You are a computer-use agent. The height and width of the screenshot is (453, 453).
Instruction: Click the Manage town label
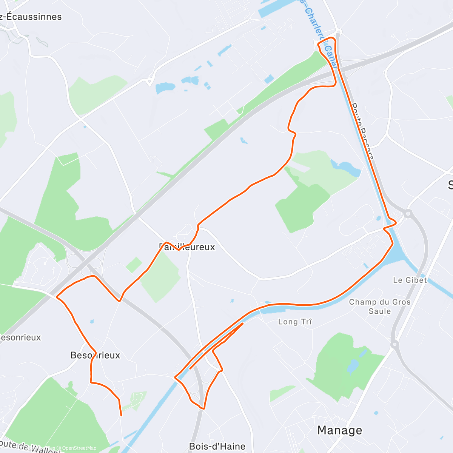click(x=339, y=430)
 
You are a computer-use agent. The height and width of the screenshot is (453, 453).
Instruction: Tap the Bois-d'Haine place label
click(x=217, y=447)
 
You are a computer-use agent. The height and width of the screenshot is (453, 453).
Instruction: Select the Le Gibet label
click(x=410, y=280)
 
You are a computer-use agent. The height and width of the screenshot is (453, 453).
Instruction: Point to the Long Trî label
click(x=295, y=322)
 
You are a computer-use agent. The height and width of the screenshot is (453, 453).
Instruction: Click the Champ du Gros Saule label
click(x=380, y=307)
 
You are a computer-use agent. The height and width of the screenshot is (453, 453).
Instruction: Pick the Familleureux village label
click(x=187, y=247)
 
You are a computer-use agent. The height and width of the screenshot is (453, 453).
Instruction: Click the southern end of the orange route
click(x=121, y=416)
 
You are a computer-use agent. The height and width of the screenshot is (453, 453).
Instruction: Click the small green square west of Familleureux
click(x=134, y=265)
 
